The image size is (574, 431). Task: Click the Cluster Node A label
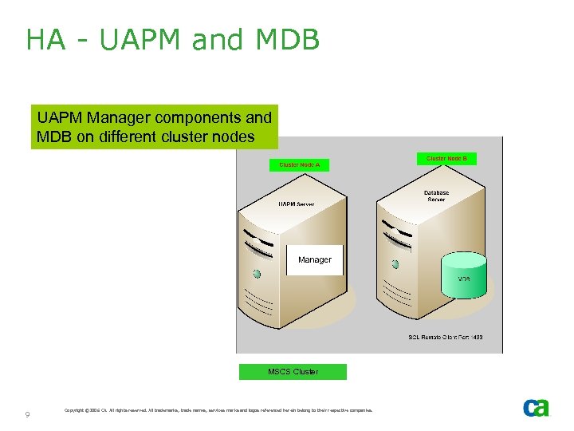click(x=299, y=165)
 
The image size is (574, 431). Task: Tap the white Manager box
click(x=314, y=259)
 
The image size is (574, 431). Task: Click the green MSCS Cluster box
click(x=293, y=372)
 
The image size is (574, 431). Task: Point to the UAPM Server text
click(x=296, y=204)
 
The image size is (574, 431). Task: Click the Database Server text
click(x=436, y=196)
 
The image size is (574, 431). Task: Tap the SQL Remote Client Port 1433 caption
click(x=445, y=338)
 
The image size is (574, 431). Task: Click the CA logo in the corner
click(x=536, y=407)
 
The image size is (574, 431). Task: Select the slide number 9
click(x=28, y=414)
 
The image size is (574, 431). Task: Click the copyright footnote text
click(x=218, y=411)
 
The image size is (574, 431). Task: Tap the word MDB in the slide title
click(x=282, y=40)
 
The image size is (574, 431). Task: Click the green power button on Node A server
click(x=257, y=274)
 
